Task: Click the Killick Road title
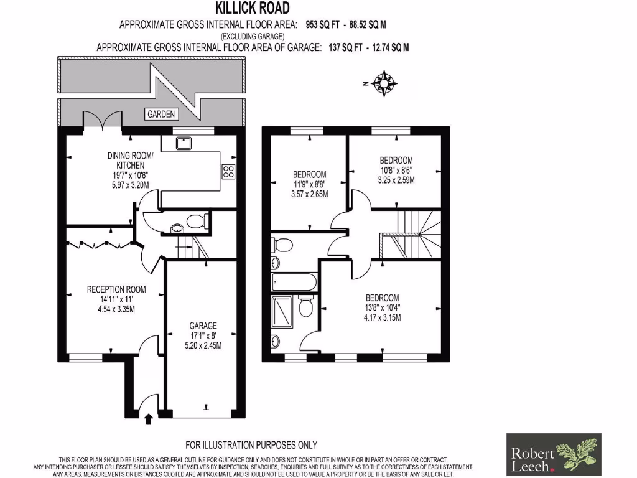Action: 252,8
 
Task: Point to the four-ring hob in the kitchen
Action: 228,171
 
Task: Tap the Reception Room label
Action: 116,289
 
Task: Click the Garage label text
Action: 203,326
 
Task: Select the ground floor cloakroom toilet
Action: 195,221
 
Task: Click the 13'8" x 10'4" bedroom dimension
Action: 382,307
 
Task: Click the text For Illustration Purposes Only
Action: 251,444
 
